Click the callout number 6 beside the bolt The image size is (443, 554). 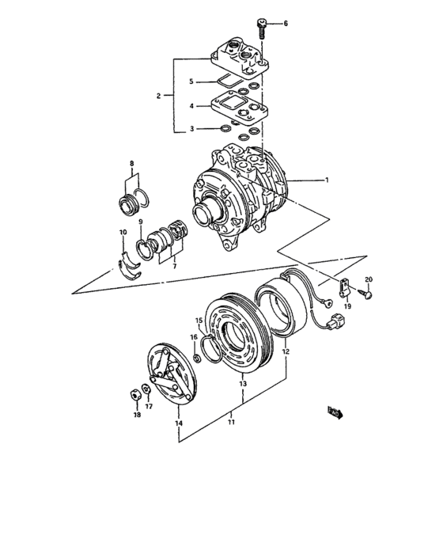(x=286, y=24)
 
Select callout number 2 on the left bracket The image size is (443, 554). (x=159, y=96)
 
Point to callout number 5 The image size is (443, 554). (x=191, y=82)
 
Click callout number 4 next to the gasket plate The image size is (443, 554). (x=191, y=105)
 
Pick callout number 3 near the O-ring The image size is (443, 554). (x=191, y=128)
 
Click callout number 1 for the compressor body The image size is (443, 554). (x=325, y=180)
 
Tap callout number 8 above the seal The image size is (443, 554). (x=131, y=164)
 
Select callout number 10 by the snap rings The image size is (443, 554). (x=123, y=232)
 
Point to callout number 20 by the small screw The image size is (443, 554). (x=368, y=280)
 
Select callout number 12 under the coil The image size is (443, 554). (x=286, y=351)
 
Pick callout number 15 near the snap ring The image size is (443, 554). (x=199, y=321)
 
